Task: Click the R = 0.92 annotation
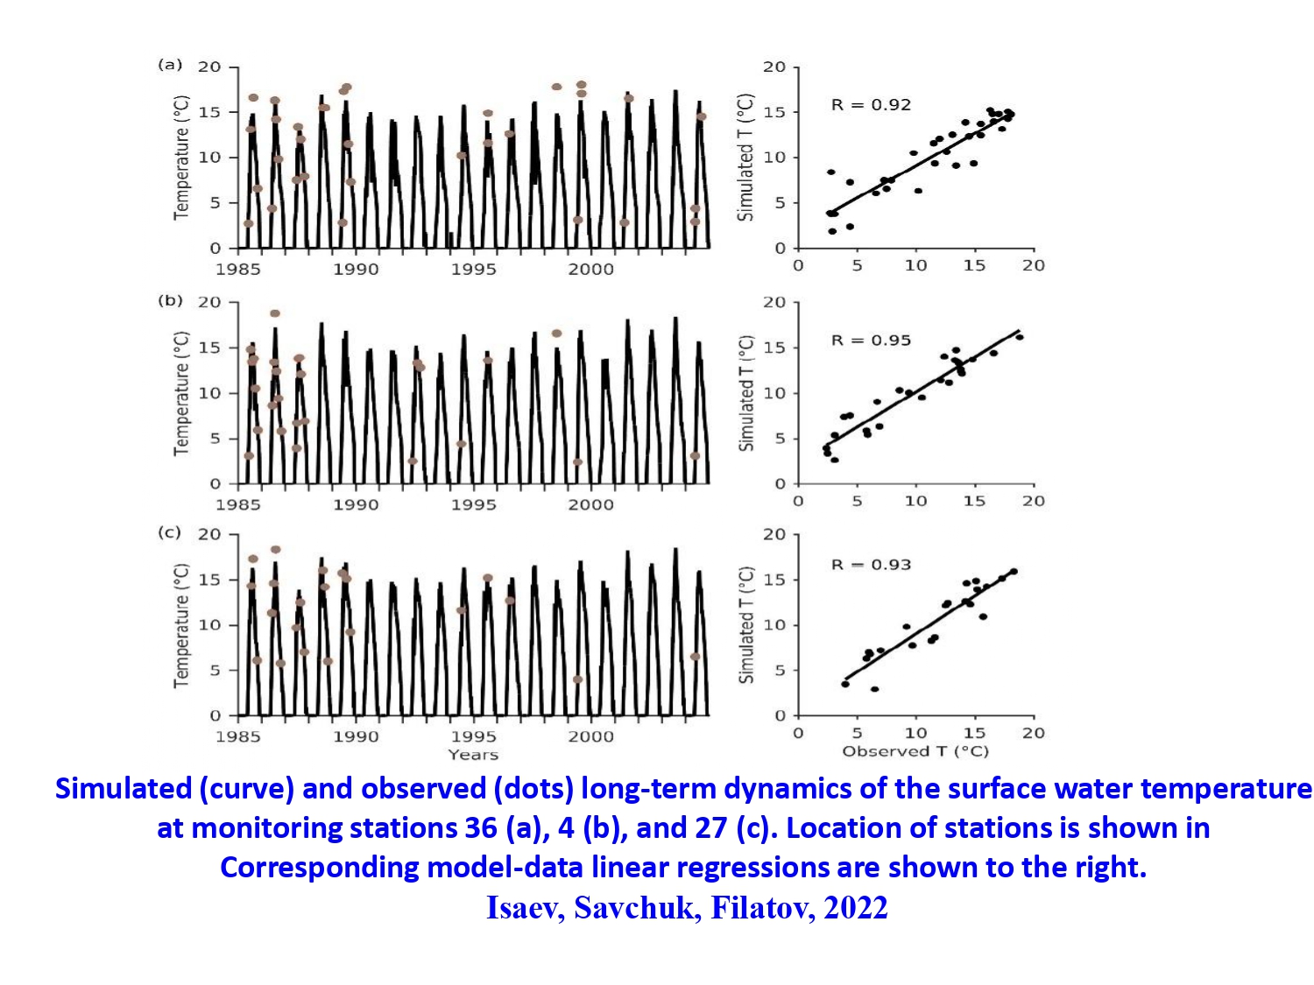871,105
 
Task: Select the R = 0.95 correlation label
871,341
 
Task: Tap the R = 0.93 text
871,565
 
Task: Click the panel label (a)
170,65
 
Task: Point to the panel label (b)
170,300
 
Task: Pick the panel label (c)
169,532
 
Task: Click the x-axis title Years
473,755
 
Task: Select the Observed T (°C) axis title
915,751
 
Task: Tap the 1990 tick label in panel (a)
356,269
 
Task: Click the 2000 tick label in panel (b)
591,504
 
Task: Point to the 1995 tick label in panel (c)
473,736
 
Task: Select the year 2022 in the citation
856,908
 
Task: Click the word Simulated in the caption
124,789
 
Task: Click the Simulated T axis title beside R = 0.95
746,393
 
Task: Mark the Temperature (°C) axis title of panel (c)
181,625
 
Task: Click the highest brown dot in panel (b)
275,313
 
